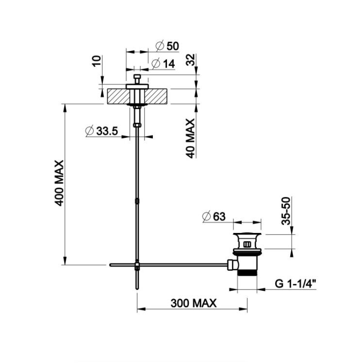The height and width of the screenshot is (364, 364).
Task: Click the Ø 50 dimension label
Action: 167,46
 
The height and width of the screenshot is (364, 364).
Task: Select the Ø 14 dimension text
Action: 163,64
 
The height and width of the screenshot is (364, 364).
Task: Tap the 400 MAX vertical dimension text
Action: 59,183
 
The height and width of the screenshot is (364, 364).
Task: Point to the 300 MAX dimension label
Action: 194,303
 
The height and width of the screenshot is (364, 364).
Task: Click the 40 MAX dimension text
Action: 191,139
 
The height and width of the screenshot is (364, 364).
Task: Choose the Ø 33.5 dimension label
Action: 102,131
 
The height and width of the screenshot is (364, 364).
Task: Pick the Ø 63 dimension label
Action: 214,216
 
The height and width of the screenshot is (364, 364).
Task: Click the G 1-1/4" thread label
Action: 296,283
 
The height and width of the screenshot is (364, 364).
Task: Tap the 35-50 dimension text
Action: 286,211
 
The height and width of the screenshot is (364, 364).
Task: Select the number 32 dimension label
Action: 191,60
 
